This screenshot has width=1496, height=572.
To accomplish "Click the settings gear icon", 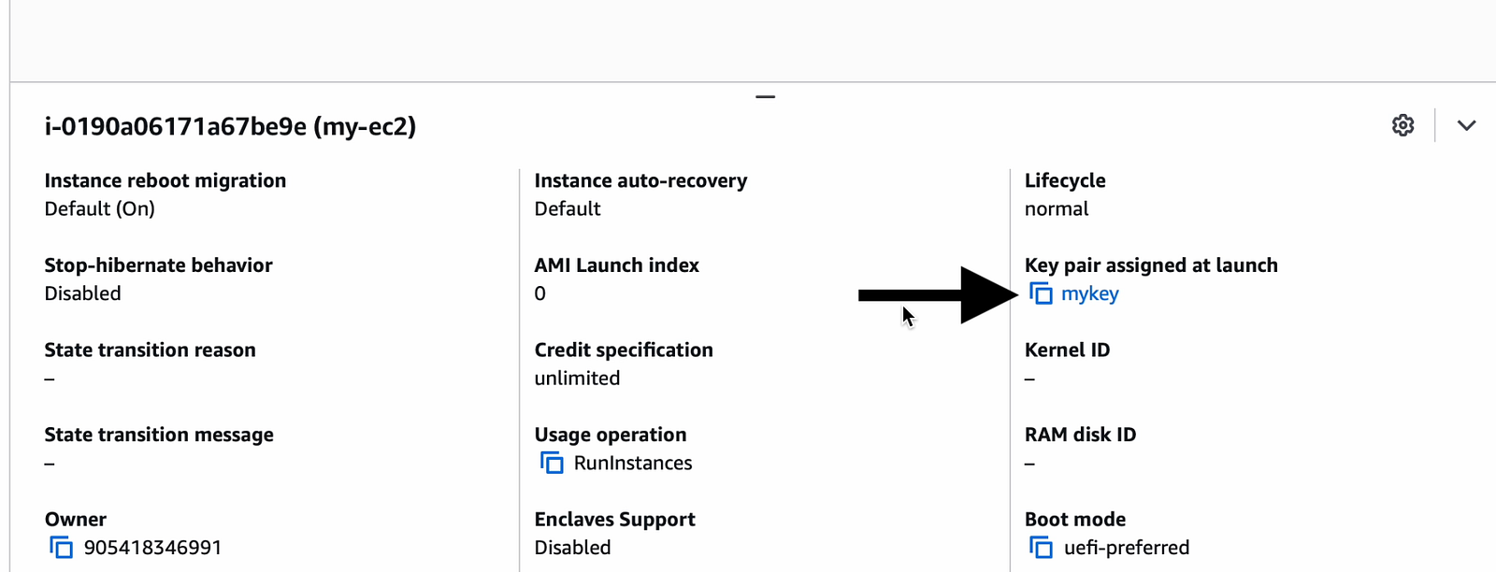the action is (x=1402, y=125).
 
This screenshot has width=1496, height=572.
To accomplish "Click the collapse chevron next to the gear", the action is (x=1467, y=125).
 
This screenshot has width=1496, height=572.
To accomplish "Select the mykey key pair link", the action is (x=1090, y=293).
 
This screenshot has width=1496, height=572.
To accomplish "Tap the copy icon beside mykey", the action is (x=1041, y=293).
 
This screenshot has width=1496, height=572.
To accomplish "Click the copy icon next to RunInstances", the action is (x=552, y=464).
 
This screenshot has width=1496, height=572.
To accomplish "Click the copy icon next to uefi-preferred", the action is (x=1041, y=548).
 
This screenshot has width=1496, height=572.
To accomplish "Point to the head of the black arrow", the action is (x=1016, y=295).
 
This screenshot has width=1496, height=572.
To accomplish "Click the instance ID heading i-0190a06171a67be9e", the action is (x=176, y=126).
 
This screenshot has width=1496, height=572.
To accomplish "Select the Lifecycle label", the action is (x=1065, y=181).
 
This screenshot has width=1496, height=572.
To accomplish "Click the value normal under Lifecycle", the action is (x=1057, y=209).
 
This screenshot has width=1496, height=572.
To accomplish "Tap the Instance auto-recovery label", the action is (x=640, y=181).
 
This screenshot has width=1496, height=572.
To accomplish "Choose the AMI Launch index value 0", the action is (x=539, y=293).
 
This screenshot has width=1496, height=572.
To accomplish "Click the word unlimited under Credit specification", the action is (x=577, y=378).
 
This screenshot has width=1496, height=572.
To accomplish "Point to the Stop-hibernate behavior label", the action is (x=158, y=265).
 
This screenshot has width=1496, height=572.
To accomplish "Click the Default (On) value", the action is (x=99, y=209).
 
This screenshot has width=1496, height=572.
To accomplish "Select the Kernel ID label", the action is (x=1067, y=350).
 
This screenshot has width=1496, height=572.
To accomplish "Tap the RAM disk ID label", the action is (x=1080, y=435).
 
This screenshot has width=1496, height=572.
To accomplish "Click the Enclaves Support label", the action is (x=614, y=520).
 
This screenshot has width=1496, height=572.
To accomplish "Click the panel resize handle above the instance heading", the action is (x=766, y=97).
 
